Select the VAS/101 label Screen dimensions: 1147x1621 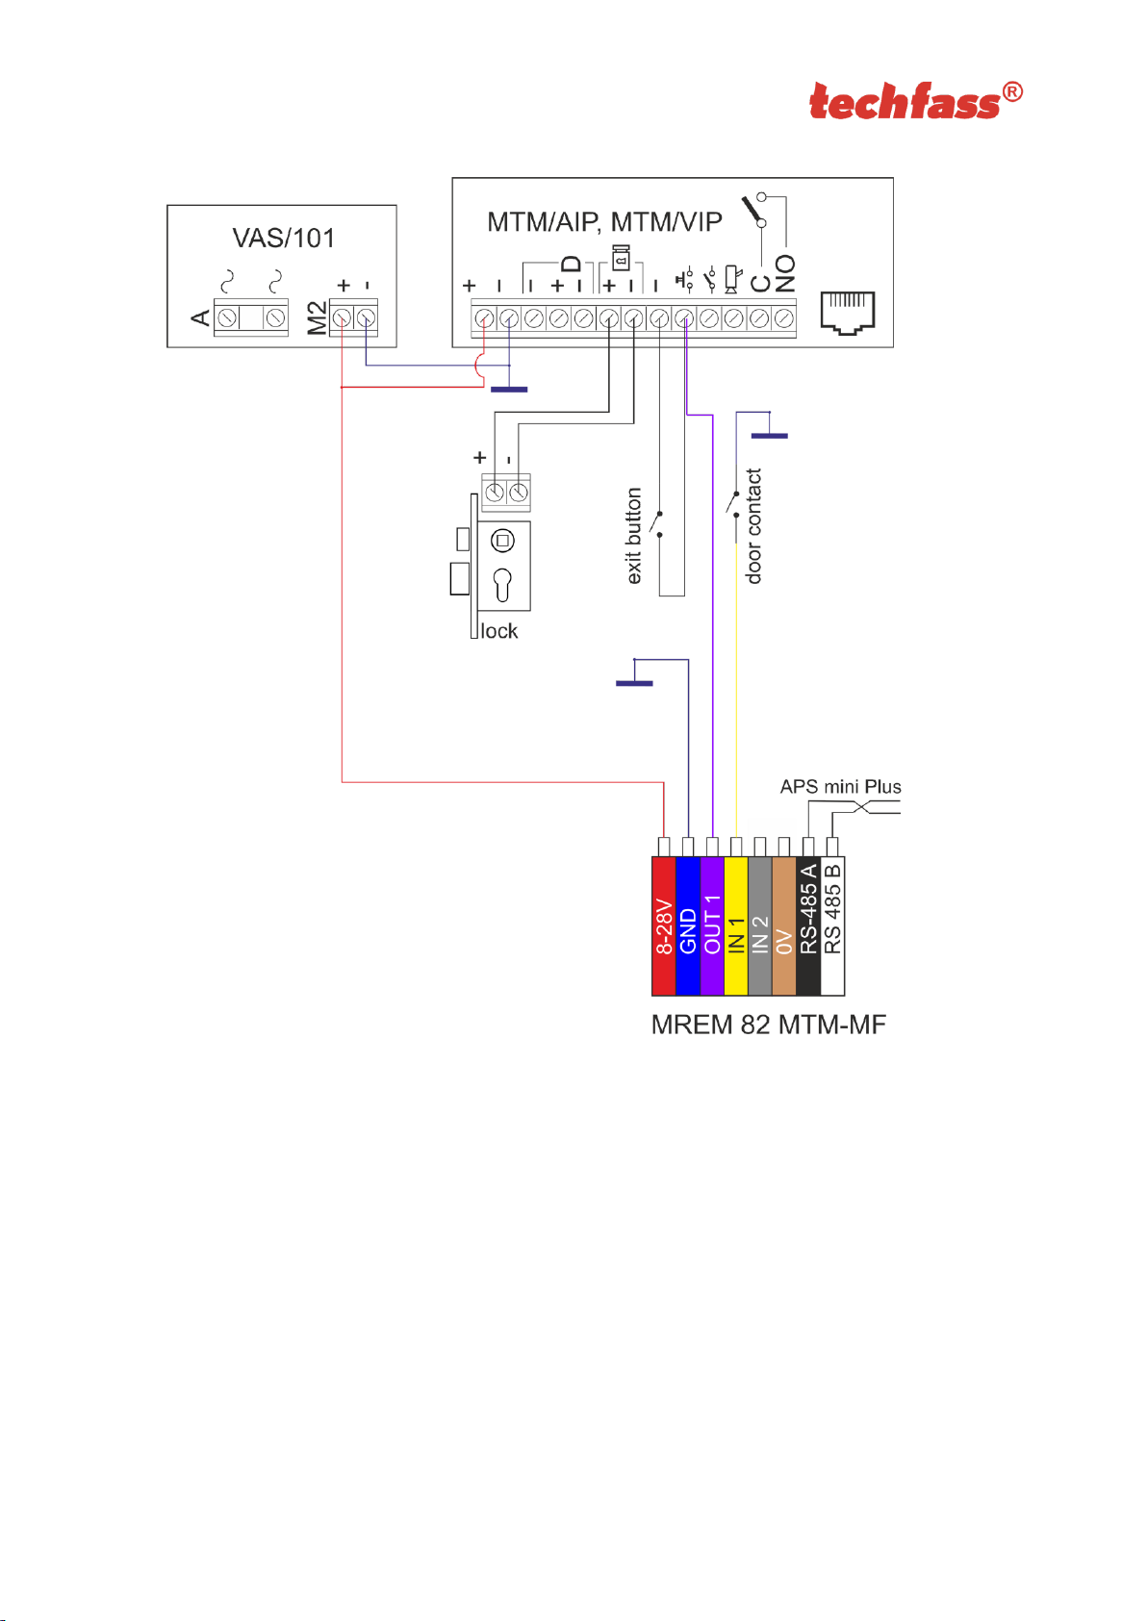(283, 238)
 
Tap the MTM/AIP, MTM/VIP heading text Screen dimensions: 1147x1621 (604, 222)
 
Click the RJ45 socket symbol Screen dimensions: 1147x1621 (847, 313)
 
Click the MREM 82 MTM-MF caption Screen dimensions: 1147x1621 (768, 1025)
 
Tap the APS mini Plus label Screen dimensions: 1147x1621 (840, 787)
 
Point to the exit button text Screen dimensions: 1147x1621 (633, 536)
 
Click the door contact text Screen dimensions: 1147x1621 (753, 526)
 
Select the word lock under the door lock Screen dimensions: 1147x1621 (499, 631)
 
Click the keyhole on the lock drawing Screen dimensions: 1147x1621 (502, 584)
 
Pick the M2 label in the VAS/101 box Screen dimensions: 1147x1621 (317, 318)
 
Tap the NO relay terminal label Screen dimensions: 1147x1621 (785, 274)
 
